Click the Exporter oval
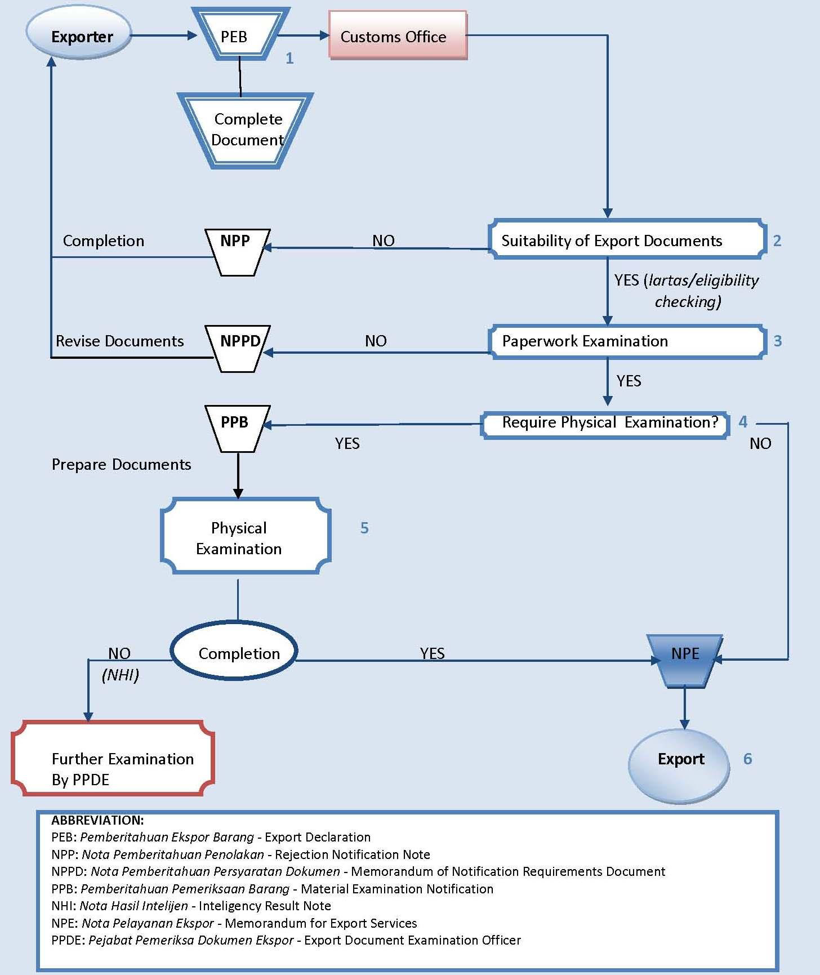pos(79,35)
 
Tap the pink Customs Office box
pos(397,35)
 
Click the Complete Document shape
pos(246,130)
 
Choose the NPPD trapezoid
pos(239,347)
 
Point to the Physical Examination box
pos(245,537)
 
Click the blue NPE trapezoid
pos(684,659)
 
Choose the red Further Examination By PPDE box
pos(113,759)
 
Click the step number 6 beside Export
pos(747,759)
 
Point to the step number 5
pos(364,528)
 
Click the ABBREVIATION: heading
pos(97,821)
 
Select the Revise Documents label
pos(119,341)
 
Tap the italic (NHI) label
pos(120,675)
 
